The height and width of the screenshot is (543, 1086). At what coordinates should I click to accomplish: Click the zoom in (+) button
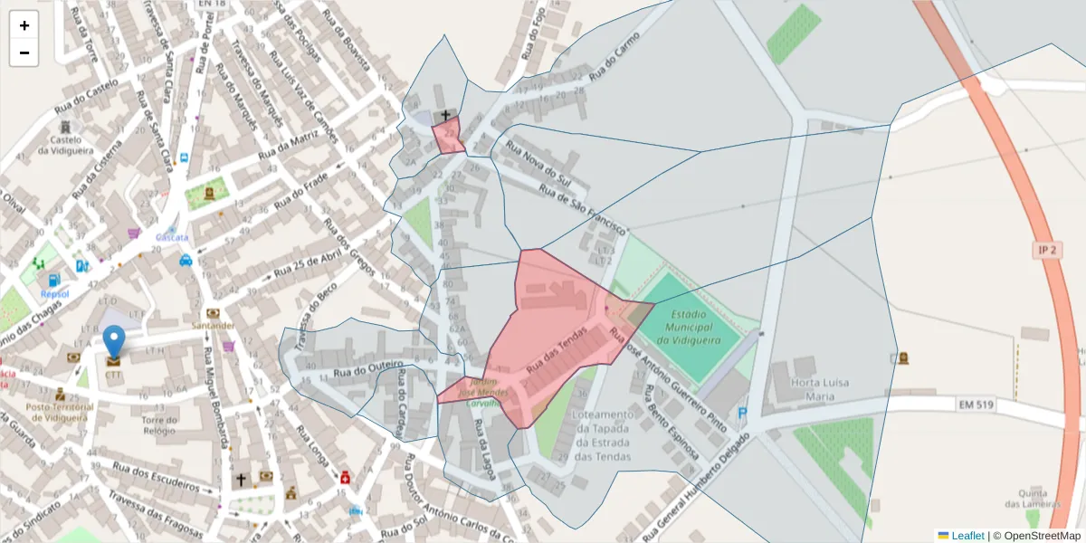24,25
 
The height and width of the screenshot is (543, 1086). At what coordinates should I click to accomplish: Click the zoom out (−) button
24,52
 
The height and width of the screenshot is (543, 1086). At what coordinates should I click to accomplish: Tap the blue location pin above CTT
114,343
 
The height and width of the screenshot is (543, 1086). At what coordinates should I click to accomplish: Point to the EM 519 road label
975,405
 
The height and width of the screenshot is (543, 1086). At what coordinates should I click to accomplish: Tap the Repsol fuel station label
54,294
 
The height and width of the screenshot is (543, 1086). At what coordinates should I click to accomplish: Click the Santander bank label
214,326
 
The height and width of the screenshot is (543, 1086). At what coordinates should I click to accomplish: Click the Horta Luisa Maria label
820,389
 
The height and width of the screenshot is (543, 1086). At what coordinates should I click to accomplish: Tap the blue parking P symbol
744,414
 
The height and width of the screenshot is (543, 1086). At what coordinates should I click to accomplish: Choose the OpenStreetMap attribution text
1041,536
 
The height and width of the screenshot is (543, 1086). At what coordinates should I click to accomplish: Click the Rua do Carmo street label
614,57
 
